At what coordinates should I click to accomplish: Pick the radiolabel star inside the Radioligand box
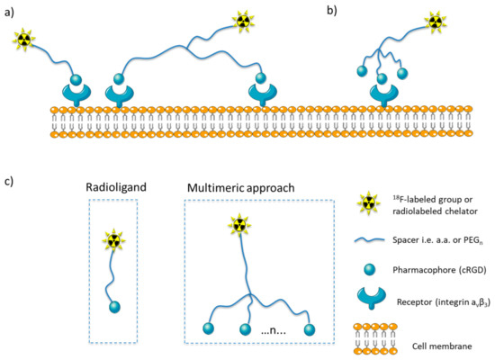click(112, 238)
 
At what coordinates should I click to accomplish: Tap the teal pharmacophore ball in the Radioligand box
click(114, 307)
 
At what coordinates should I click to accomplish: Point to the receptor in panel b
click(385, 94)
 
